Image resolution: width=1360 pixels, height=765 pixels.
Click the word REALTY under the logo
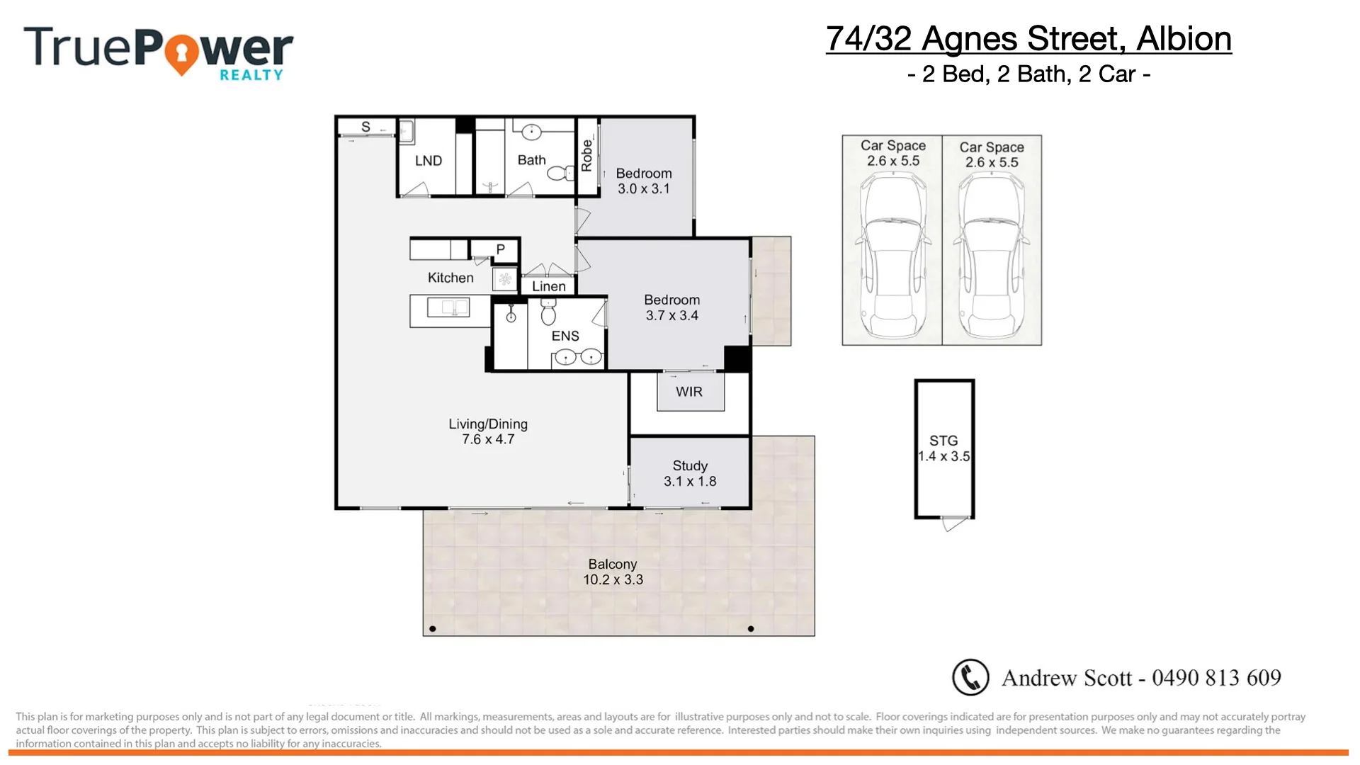[x=251, y=75]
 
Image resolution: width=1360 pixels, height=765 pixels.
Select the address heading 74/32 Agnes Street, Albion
[x=1028, y=39]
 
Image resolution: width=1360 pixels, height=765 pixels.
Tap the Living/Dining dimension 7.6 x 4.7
[x=488, y=440]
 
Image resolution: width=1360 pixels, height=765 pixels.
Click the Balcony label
[x=613, y=564]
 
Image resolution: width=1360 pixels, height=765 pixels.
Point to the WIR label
[x=689, y=392]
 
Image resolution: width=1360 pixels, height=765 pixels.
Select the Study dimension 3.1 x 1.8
[x=690, y=482]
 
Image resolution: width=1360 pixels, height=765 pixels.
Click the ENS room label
[x=565, y=336]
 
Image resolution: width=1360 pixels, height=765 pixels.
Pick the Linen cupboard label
[x=549, y=286]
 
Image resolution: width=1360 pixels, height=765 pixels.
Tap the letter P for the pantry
[x=500, y=249]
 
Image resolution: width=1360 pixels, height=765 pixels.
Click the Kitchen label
[x=450, y=278]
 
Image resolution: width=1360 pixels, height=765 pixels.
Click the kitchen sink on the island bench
[x=448, y=308]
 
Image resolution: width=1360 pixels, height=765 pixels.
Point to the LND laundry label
[x=429, y=161]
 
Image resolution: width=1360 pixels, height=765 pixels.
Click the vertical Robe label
[x=586, y=155]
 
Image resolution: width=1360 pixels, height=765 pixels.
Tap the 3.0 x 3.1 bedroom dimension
[x=643, y=189]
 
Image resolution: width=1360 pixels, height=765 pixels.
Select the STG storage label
[x=943, y=441]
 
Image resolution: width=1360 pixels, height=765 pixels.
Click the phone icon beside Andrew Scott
[x=970, y=677]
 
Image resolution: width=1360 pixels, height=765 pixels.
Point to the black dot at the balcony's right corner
[x=751, y=629]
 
